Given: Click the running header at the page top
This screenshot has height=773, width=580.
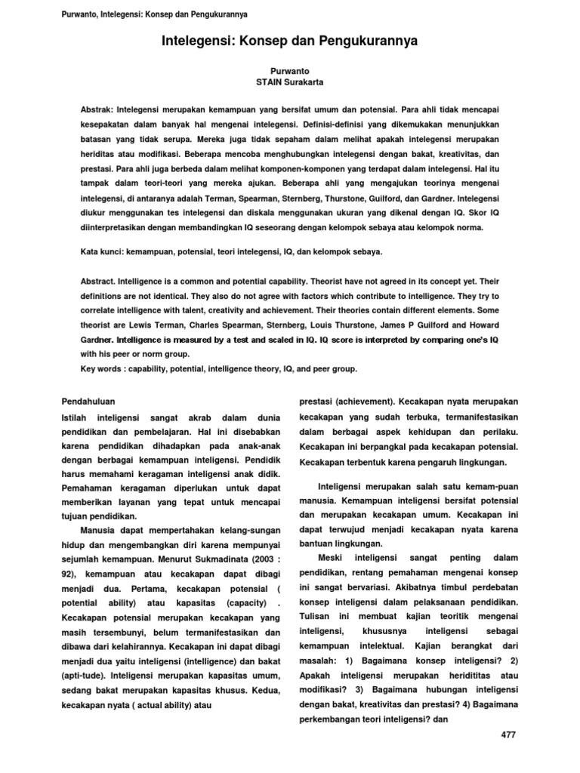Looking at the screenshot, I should click(153, 14).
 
